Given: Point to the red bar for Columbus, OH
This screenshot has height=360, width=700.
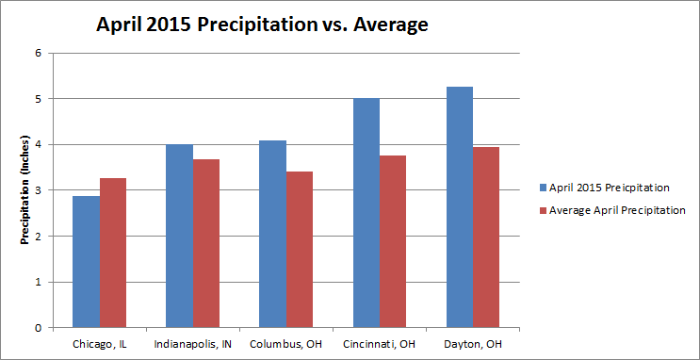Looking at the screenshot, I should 300,250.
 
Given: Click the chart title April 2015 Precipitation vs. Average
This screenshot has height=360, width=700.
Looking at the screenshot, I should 263,25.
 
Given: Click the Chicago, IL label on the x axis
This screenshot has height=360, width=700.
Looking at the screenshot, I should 99,344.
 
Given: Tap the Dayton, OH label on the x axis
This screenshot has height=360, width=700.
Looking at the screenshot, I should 474,344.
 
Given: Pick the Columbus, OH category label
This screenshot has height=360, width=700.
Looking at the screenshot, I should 286,344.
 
